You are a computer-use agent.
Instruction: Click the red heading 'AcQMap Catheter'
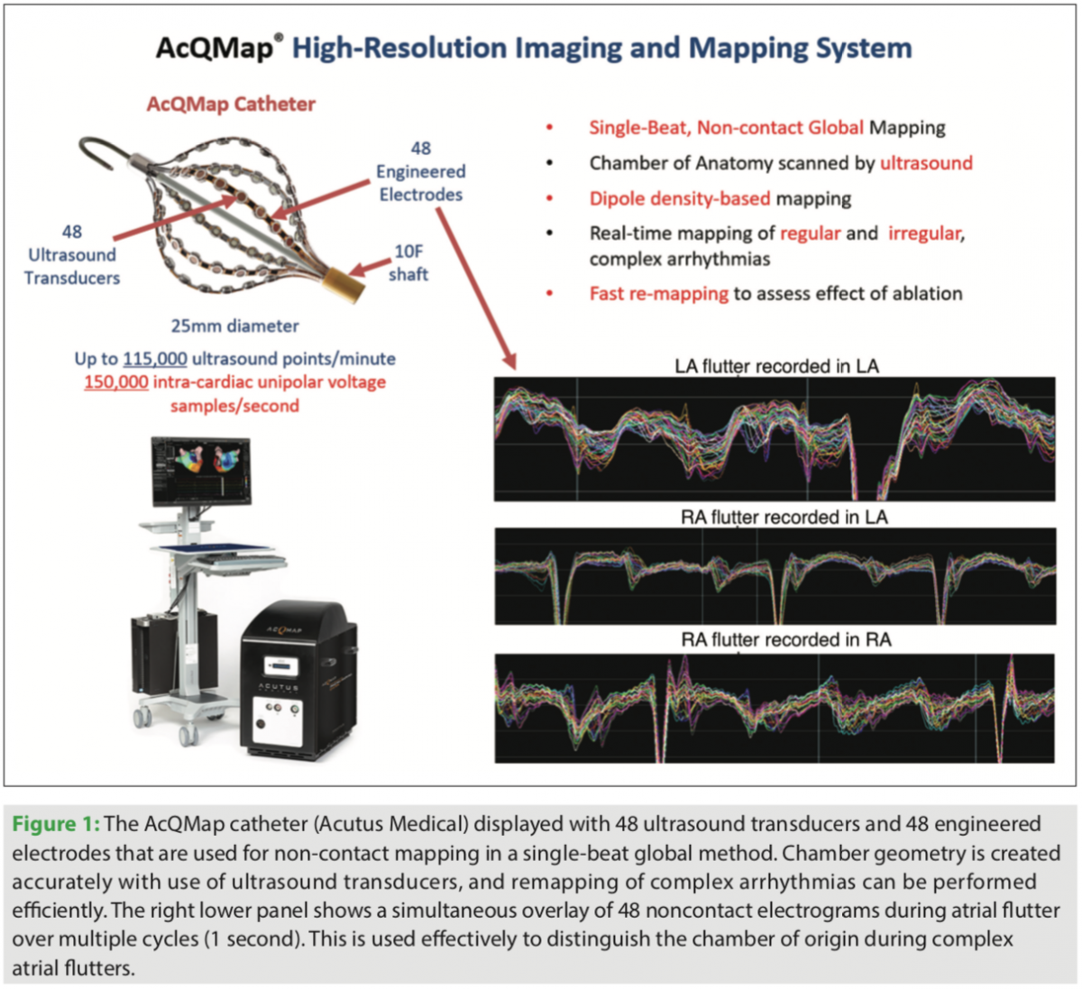point(231,105)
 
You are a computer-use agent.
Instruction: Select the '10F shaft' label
point(408,262)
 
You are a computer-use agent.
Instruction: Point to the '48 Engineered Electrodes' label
point(420,171)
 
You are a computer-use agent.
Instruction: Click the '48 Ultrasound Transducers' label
point(72,255)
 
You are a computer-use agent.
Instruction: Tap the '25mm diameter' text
point(234,326)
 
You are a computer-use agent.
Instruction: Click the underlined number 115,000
point(155,359)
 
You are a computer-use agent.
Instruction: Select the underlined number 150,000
point(116,382)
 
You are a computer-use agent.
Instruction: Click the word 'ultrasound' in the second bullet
point(926,163)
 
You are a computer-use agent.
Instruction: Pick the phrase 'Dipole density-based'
point(680,198)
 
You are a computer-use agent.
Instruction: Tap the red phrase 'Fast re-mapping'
point(658,294)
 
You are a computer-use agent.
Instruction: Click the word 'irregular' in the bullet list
point(924,234)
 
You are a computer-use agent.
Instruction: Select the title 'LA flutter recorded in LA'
point(776,366)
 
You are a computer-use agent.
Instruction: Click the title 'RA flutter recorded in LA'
point(784,517)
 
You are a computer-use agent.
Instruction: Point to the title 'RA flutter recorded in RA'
point(785,640)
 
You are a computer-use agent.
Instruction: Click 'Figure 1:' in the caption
point(56,824)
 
